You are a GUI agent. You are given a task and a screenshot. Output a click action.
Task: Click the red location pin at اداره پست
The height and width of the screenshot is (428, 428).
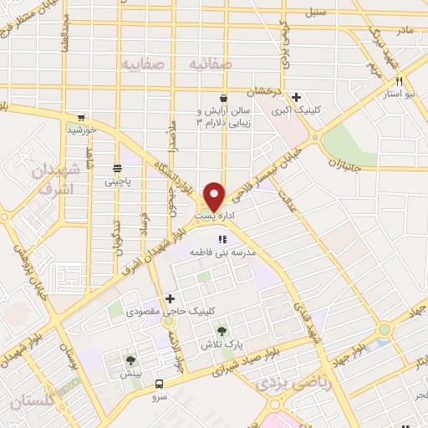pos(214,196)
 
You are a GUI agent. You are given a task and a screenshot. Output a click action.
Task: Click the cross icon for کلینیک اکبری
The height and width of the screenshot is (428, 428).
pos(297,98)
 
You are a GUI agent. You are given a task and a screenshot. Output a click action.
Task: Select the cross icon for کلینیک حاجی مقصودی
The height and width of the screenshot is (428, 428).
pos(171,298)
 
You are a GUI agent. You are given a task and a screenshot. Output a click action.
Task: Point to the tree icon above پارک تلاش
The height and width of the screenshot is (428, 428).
pos(223,331)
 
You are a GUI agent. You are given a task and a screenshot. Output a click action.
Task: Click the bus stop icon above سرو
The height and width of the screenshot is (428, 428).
pos(159,385)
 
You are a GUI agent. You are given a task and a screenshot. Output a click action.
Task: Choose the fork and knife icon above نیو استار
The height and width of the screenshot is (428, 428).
pos(400,82)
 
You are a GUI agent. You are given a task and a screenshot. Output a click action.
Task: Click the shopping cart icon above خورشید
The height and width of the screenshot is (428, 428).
pos(80,118)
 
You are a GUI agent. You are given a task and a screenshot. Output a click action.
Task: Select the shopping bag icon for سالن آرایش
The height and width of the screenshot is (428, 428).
pos(222,98)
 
